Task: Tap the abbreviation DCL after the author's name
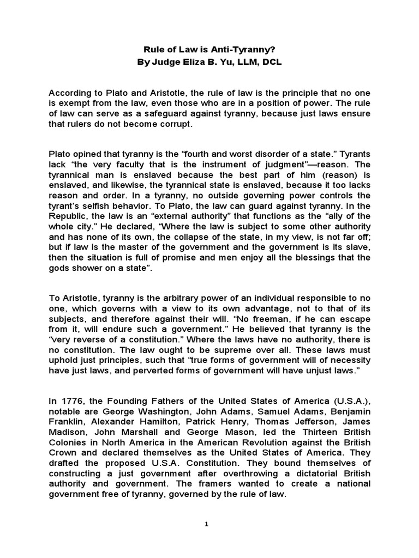271,62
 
